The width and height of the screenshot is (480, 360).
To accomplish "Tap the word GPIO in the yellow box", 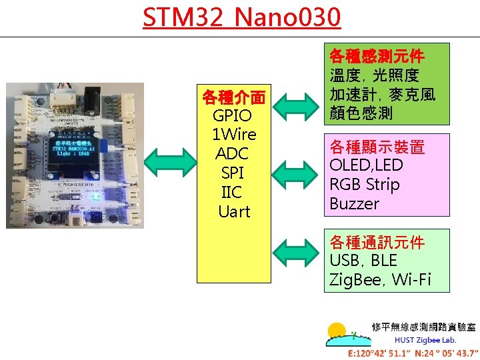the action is tap(233, 116).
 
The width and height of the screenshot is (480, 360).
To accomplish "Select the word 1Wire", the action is tap(234, 135).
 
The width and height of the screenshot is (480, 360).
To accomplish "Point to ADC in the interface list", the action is tap(233, 154).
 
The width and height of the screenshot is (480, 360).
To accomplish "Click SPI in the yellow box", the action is tap(233, 173).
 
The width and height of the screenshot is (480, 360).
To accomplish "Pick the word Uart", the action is tap(234, 212).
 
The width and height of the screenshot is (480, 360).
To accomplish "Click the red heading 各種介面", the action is tap(233, 97).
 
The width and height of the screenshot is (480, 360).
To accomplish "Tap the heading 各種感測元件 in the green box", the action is tap(377, 55).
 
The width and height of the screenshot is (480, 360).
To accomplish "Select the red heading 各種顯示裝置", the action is tap(377, 146).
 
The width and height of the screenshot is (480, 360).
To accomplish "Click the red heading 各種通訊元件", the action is tap(377, 241).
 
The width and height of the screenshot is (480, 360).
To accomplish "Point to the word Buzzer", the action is tap(354, 204).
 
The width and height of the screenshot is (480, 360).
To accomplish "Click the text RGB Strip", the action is tap(365, 185).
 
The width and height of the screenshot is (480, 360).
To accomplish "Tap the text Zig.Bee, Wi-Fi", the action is tap(380, 279).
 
